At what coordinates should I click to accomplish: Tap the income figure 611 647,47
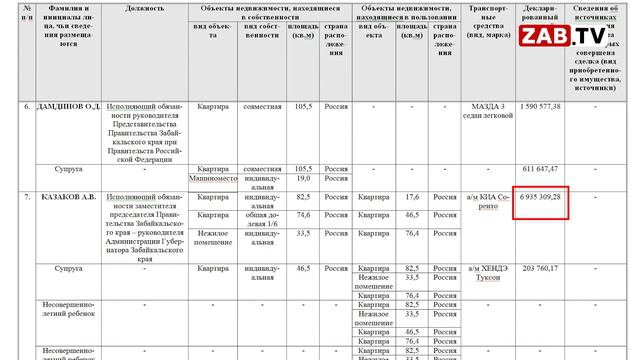pyautogui.click(x=541, y=168)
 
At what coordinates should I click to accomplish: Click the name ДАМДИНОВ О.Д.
pyautogui.click(x=62, y=106)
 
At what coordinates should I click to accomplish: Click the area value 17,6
pyautogui.click(x=411, y=197)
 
